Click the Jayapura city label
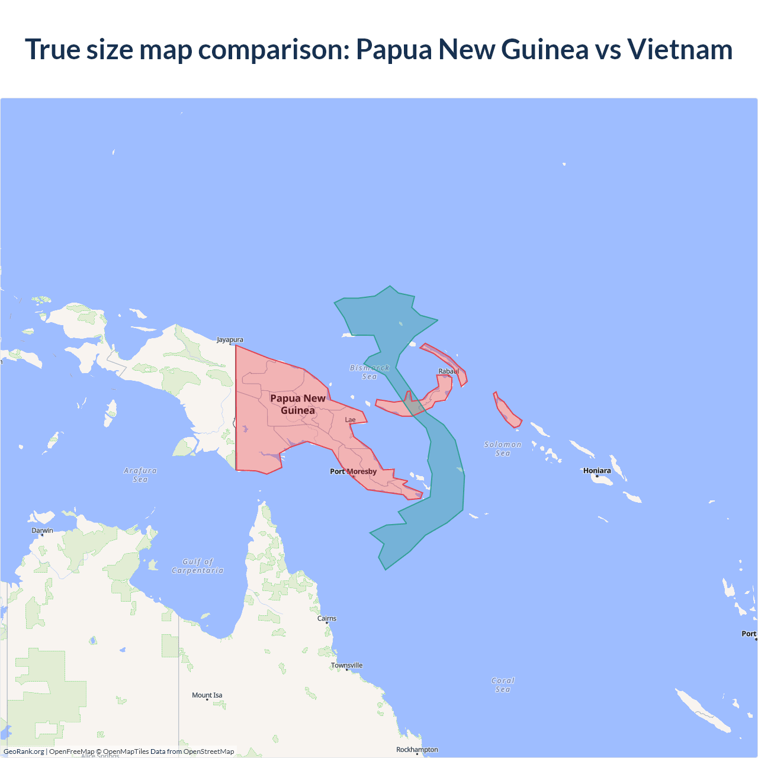[230, 340]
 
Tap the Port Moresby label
[353, 471]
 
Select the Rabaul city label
[448, 371]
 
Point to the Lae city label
[351, 420]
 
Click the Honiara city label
[597, 471]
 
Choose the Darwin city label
[42, 531]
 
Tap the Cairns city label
[327, 618]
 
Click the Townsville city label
[346, 666]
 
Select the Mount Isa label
[207, 695]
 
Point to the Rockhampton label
[417, 750]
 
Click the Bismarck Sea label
[370, 372]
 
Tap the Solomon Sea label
[503, 449]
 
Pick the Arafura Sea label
[140, 475]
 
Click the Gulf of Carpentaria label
[198, 566]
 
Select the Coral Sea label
[503, 685]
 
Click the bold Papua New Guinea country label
[298, 404]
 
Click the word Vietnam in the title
[680, 49]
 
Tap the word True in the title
[53, 49]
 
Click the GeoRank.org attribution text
[24, 751]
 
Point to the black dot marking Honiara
[597, 476]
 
